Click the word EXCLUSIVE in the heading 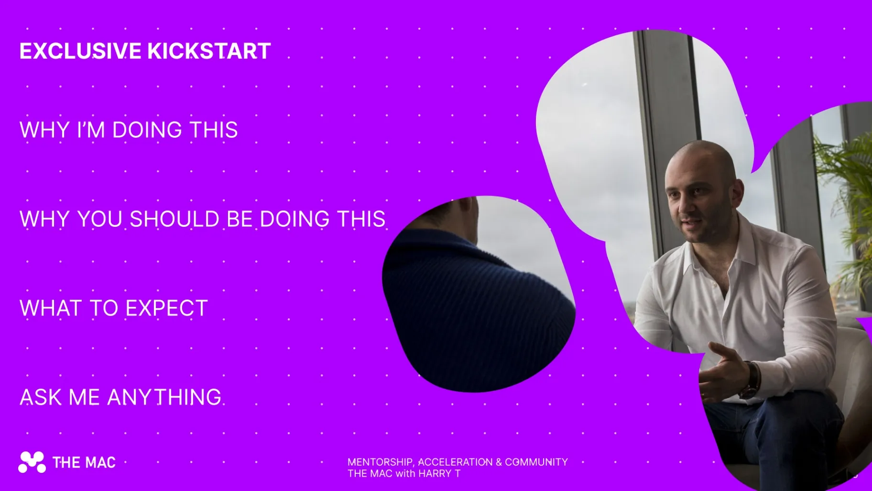tap(80, 51)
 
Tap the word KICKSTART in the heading tap(209, 51)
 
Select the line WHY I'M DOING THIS tap(129, 130)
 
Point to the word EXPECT tap(166, 308)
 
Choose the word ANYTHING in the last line tap(164, 397)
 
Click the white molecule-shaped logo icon tap(32, 462)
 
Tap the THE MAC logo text tap(84, 463)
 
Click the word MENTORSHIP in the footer tap(381, 462)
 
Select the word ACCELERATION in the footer tap(455, 462)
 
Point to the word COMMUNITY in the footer tap(536, 462)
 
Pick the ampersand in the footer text tap(499, 462)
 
